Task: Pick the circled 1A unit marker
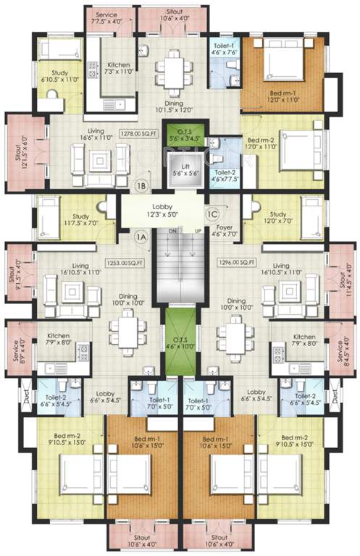[x=141, y=235]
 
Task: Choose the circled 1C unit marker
[x=213, y=213]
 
